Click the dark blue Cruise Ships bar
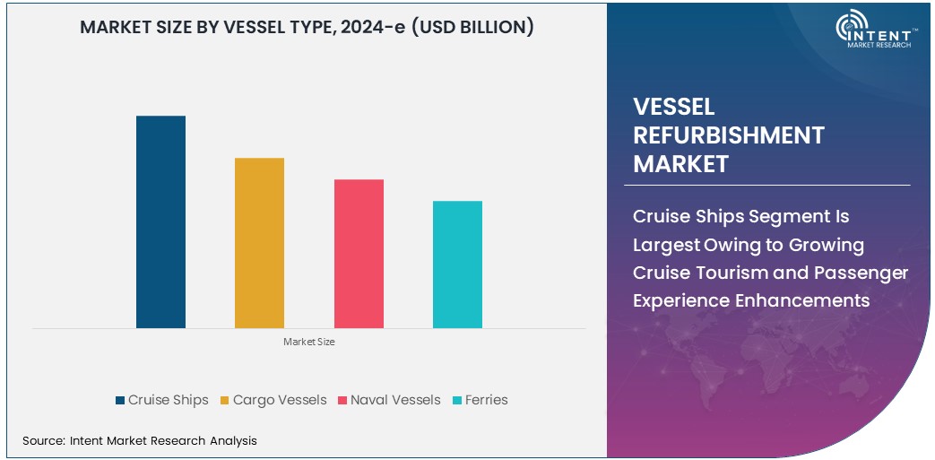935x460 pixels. coord(160,221)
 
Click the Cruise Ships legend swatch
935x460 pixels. coord(120,400)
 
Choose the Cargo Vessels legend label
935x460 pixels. coord(280,400)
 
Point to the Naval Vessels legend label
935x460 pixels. coord(395,400)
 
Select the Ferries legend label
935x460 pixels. coord(486,400)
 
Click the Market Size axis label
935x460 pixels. coord(308,342)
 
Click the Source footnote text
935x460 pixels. coord(139,440)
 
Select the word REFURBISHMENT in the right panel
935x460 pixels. coord(728,135)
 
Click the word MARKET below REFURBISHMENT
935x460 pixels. coord(680,164)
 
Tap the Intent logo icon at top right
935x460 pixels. coord(853,27)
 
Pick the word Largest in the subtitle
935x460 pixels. coord(672,245)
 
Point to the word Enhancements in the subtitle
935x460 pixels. coord(811,300)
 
